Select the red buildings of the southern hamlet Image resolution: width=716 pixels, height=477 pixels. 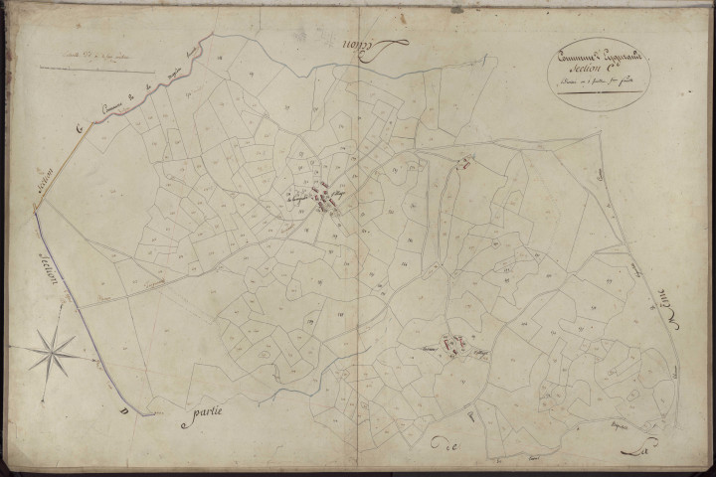pos(452,347)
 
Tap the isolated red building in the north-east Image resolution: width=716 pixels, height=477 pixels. pos(462,164)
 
